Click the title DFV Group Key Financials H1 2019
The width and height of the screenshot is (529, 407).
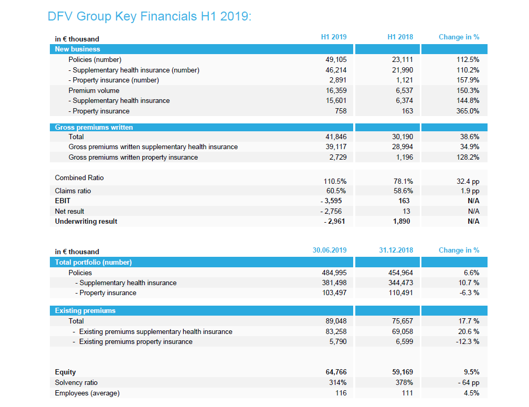tap(150, 16)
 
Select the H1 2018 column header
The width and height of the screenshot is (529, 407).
tap(400, 37)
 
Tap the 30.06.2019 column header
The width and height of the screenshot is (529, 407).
tap(329, 250)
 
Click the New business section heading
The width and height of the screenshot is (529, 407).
tap(78, 49)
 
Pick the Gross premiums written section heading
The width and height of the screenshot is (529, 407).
tap(94, 127)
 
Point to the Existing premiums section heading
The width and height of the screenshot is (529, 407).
tap(86, 310)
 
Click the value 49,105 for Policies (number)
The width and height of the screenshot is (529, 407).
tap(336, 60)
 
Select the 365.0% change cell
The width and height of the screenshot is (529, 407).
tap(468, 111)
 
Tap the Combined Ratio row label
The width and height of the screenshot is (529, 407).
tap(79, 178)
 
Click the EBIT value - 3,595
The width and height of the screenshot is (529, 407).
tap(331, 201)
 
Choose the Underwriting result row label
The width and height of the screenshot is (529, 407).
tap(86, 222)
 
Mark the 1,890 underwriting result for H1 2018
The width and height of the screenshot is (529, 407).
tap(401, 222)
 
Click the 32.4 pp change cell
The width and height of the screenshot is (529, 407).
tap(468, 182)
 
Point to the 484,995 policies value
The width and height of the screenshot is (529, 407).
tap(334, 273)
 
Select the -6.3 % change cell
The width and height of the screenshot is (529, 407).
tap(469, 293)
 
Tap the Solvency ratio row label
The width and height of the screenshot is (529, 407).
tap(76, 383)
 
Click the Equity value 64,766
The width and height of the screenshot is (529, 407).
tap(336, 372)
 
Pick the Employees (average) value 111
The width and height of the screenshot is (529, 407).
tap(407, 393)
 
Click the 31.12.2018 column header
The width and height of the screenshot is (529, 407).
tap(396, 250)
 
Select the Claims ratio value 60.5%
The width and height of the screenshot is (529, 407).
tap(336, 191)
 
